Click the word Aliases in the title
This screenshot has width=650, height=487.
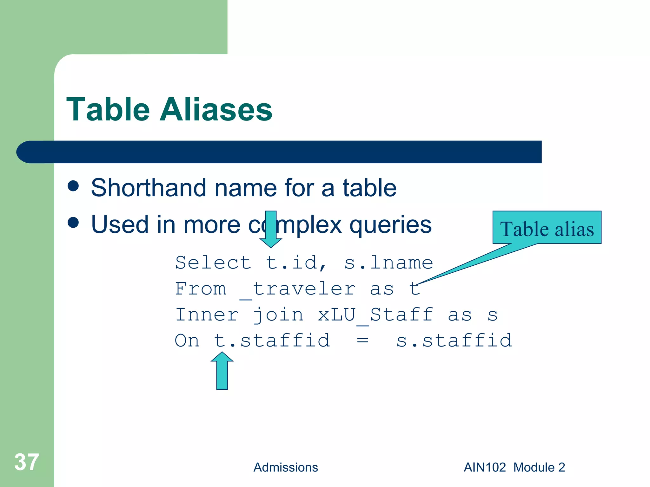point(216,110)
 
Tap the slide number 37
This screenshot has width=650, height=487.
point(27,462)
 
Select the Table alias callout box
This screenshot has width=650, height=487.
point(547,228)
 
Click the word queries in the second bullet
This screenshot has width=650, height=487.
point(390,224)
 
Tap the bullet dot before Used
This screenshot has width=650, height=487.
point(73,223)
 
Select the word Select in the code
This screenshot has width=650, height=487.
point(213,263)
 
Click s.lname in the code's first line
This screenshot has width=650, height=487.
point(388,263)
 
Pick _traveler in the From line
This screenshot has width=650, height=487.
point(297,289)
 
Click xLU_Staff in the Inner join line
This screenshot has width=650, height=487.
point(375,315)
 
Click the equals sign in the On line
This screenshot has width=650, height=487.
point(362,341)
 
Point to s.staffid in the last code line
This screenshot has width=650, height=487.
point(454,341)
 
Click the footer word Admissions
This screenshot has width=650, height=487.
point(285,467)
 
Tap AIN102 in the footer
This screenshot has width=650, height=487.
point(485,467)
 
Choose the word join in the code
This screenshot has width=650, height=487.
point(278,315)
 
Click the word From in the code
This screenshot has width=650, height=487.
point(201,289)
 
